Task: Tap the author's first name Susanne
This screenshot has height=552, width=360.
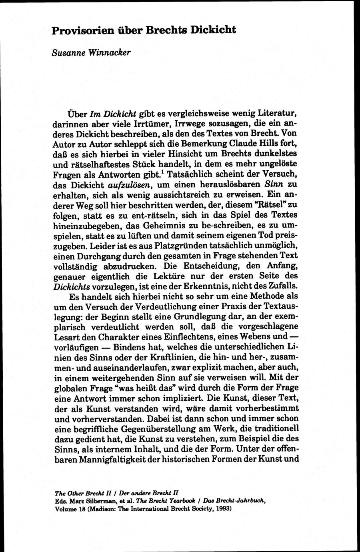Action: coord(67,53)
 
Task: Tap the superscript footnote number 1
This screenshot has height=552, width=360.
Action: coord(162,172)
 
